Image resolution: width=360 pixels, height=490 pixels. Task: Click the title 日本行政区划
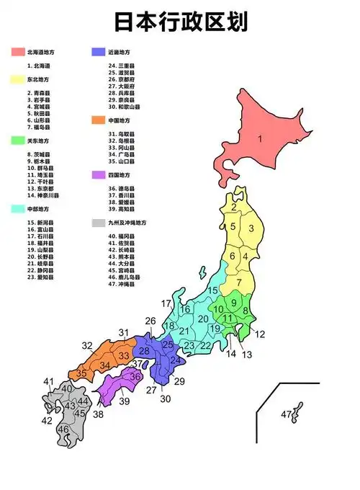click(181, 22)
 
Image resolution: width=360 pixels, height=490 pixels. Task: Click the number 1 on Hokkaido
click(260, 138)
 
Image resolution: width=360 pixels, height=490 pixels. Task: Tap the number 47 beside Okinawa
click(286, 414)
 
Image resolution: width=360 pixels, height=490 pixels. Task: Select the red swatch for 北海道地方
click(17, 53)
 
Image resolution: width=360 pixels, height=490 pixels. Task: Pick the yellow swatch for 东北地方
click(17, 79)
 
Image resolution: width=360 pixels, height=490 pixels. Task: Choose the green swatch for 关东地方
click(17, 141)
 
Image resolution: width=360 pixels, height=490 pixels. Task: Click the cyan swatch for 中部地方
click(17, 209)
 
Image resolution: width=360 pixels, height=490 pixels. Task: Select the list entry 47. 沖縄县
click(120, 283)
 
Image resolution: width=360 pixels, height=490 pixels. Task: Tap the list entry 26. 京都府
click(121, 80)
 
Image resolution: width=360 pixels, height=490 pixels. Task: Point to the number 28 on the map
click(143, 350)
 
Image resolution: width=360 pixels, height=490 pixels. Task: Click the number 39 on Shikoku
click(125, 401)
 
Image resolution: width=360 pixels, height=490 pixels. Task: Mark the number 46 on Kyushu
click(63, 429)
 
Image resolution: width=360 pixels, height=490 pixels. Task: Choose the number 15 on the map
click(213, 290)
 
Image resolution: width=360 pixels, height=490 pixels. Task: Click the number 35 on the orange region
click(82, 373)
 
